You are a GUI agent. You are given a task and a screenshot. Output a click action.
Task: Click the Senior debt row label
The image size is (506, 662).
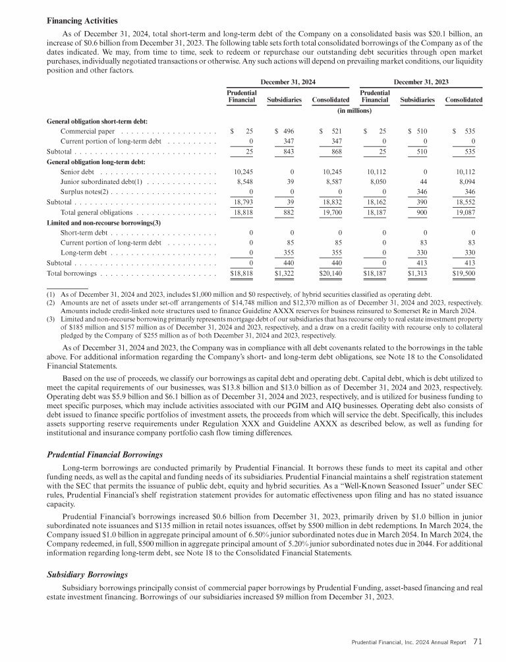click(78, 172)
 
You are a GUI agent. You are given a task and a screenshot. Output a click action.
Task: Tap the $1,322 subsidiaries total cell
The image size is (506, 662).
click(287, 272)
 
